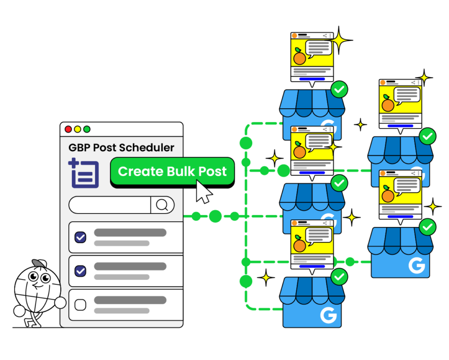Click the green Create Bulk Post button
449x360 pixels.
[x=172, y=172]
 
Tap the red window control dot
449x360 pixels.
[x=68, y=129]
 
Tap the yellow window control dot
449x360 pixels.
[x=78, y=129]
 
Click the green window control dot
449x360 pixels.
[x=87, y=129]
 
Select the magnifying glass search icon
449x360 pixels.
[x=162, y=205]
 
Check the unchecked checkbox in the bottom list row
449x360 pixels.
[x=80, y=305]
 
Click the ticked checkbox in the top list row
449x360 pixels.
[x=80, y=237]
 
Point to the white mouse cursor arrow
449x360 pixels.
[x=203, y=191]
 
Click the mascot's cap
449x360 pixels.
[x=40, y=264]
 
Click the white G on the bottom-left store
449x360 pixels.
[x=328, y=316]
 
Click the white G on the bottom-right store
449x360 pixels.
[x=417, y=265]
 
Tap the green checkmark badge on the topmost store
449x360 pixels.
[x=339, y=89]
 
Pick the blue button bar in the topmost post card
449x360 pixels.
[x=312, y=78]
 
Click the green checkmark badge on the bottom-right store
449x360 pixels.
[x=427, y=227]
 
